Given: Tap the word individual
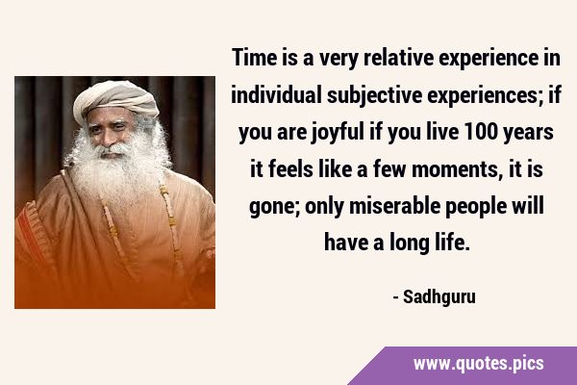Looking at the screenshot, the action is pyautogui.click(x=276, y=94).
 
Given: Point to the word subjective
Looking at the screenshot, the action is pyautogui.click(x=374, y=96).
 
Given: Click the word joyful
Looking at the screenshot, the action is pyautogui.click(x=338, y=133).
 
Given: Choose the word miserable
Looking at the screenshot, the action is pyautogui.click(x=394, y=206).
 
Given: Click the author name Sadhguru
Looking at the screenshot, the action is pyautogui.click(x=439, y=297).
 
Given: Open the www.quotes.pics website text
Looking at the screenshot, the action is pyautogui.click(x=478, y=364).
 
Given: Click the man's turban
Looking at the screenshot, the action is pyautogui.click(x=115, y=99).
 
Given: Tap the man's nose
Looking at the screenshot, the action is pyautogui.click(x=111, y=139).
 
